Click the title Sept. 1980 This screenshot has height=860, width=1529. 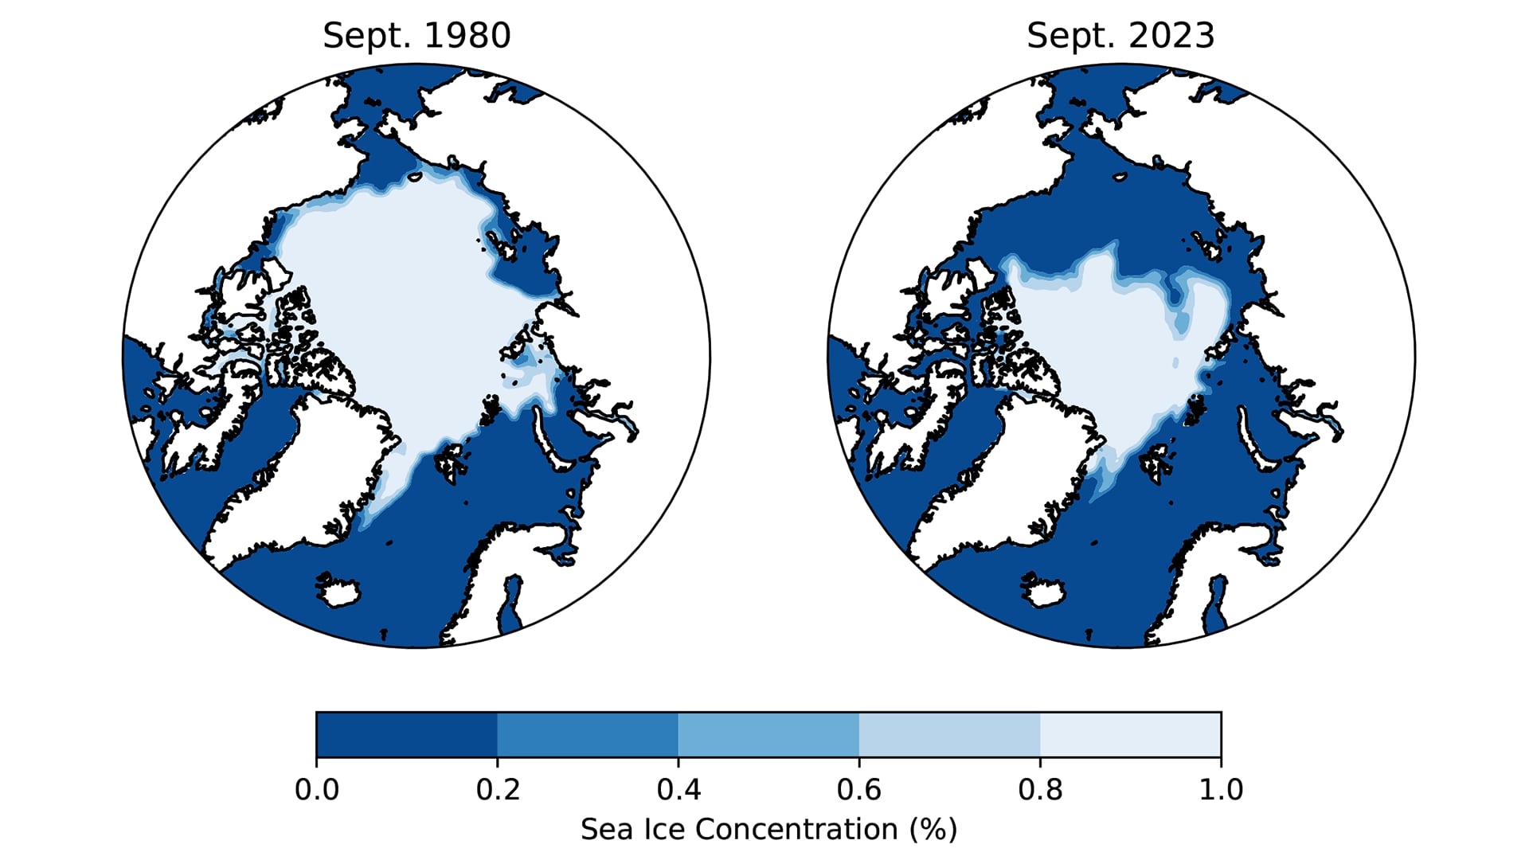(416, 36)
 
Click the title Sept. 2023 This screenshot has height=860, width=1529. (1120, 36)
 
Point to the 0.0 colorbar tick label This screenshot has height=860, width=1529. (317, 789)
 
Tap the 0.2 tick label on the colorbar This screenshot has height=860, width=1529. (498, 789)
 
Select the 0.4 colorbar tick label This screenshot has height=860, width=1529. (678, 789)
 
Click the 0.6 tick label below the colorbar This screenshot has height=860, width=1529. (859, 789)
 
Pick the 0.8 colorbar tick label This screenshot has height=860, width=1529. (1040, 789)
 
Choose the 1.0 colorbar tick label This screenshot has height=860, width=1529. (1221, 789)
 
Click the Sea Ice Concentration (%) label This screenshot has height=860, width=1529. (768, 829)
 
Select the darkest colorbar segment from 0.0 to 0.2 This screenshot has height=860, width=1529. (407, 734)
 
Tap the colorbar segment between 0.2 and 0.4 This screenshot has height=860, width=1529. (588, 734)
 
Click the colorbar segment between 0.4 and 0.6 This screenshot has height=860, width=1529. (768, 734)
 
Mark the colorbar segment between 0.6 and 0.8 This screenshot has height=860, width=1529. (949, 734)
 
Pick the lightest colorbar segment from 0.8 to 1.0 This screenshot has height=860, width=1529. (1130, 734)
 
